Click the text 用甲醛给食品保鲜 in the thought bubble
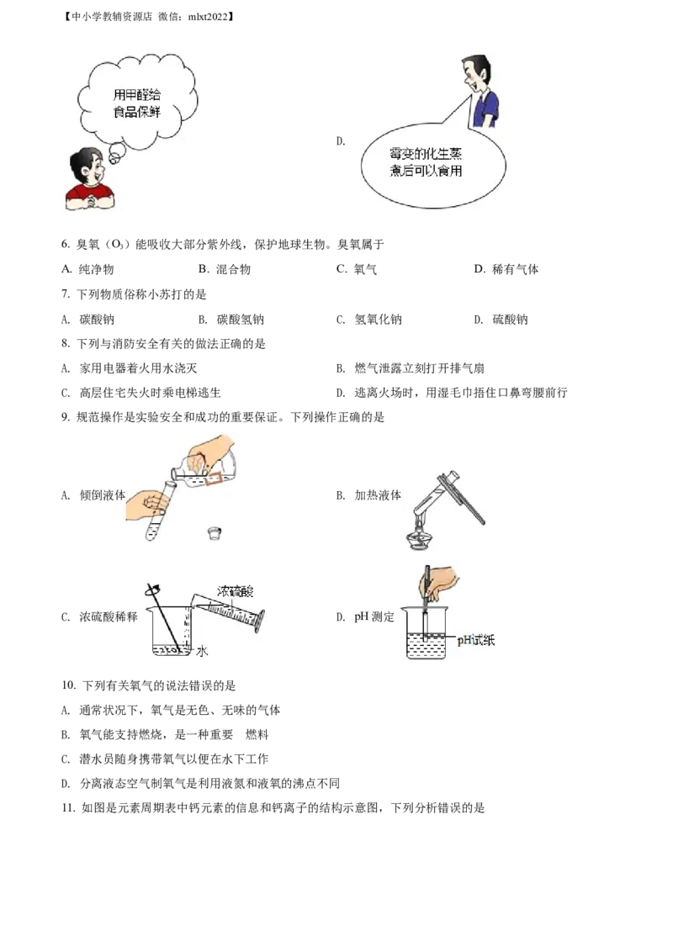click(137, 103)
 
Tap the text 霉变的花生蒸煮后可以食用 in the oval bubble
click(426, 162)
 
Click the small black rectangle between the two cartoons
click(339, 140)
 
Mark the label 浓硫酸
click(235, 591)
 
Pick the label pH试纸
click(476, 641)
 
